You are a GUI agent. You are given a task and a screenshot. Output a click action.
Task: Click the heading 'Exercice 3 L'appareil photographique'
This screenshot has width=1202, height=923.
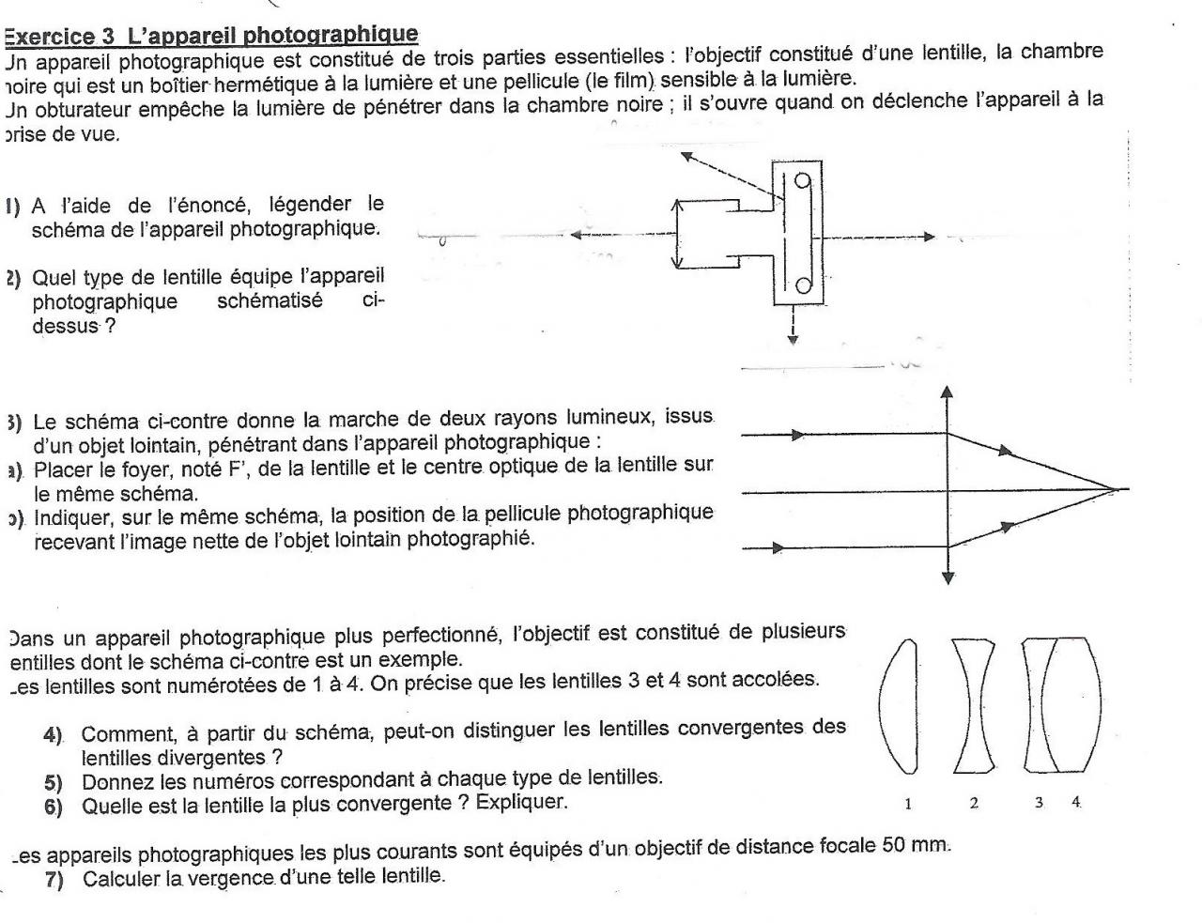(x=211, y=36)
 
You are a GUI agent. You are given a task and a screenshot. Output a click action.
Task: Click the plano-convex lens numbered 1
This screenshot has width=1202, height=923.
(x=899, y=705)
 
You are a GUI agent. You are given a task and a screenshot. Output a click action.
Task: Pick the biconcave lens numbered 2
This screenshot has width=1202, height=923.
(x=974, y=705)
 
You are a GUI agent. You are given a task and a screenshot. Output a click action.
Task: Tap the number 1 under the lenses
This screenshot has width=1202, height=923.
(x=907, y=803)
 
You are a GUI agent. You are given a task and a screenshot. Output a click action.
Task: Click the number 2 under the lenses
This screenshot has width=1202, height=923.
(x=974, y=803)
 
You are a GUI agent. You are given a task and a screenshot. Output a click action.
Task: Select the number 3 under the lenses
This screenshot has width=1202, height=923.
(x=1040, y=803)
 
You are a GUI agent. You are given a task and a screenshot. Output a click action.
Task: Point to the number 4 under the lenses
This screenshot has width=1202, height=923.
(x=1075, y=803)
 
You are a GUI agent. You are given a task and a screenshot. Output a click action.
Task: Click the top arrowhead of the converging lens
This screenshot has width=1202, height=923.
(x=947, y=391)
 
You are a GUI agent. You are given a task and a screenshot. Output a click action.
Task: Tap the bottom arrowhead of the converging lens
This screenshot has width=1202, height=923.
(x=947, y=577)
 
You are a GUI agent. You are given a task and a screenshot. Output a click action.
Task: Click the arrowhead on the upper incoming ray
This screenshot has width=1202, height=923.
(x=798, y=435)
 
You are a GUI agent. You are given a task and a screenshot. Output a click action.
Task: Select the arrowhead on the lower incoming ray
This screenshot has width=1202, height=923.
(x=778, y=546)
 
